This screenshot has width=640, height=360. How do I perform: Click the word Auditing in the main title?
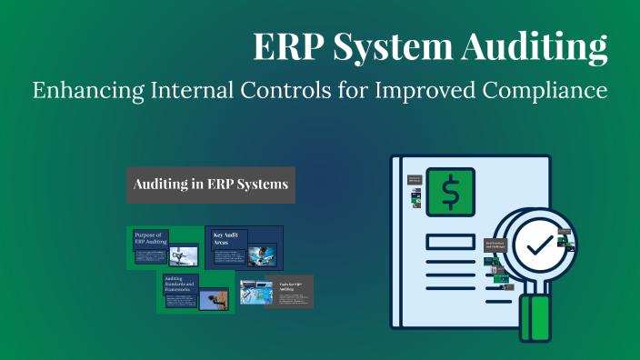535,46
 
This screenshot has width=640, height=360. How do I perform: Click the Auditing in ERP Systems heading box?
210,185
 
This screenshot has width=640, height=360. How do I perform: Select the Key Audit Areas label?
225,239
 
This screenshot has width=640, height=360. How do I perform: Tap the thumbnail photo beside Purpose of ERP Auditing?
185,254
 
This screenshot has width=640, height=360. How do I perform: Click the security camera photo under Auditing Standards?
215,297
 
